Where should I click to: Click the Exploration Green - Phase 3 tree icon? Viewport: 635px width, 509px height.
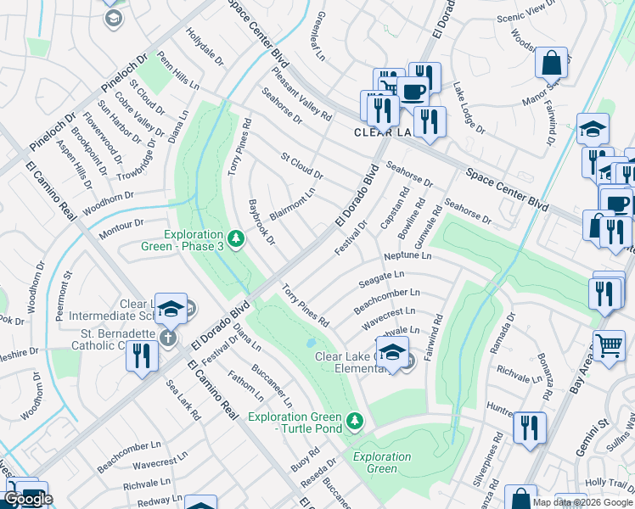235,240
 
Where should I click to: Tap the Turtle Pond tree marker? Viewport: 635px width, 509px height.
355,420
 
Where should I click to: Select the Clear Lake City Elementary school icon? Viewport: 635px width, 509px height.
393,352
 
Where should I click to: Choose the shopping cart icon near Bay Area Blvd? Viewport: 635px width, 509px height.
609,345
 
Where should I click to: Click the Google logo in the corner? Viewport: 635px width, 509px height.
28,499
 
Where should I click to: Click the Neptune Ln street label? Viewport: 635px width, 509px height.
407,255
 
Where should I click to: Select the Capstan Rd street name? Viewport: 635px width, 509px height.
395,206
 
